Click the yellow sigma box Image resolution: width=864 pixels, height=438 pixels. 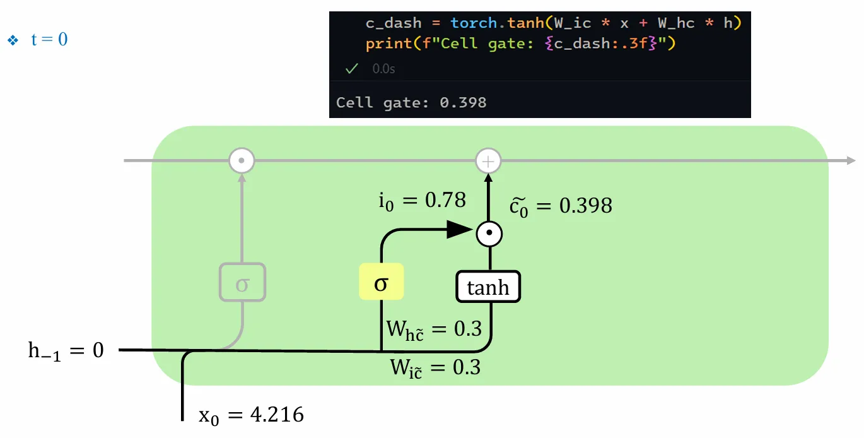[381, 282]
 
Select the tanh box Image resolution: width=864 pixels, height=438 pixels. [488, 287]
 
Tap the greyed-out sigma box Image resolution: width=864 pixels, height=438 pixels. [242, 283]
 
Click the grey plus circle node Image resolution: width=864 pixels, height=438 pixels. [487, 162]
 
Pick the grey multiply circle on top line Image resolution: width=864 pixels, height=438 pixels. [241, 161]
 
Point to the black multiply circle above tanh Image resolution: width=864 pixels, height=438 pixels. [489, 235]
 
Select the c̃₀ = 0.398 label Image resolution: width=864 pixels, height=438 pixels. [560, 205]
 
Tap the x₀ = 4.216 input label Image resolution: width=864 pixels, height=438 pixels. [251, 415]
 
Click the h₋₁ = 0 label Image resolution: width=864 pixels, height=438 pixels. [66, 350]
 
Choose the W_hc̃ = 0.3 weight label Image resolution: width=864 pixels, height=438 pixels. [433, 329]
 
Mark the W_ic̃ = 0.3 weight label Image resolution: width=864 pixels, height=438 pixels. [435, 367]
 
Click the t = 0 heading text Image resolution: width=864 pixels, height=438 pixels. [49, 40]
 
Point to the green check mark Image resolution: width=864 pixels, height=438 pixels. [352, 68]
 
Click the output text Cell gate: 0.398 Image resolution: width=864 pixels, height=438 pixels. [411, 102]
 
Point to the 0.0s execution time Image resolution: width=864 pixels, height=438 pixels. [383, 68]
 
